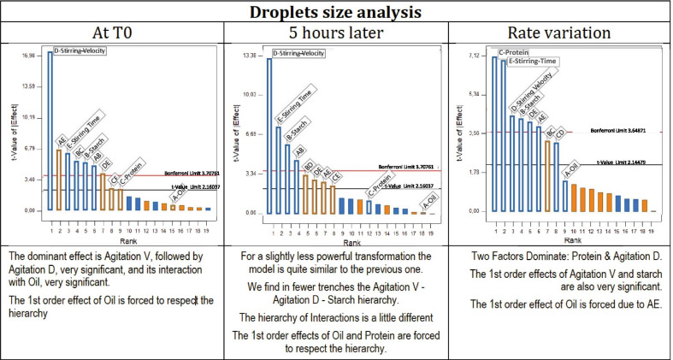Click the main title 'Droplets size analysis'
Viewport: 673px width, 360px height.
(336, 12)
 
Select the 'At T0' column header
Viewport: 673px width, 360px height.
(113, 32)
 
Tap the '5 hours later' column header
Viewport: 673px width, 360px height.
(336, 32)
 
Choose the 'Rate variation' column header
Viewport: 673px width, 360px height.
(560, 32)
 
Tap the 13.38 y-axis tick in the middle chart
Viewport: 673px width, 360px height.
(251, 56)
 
